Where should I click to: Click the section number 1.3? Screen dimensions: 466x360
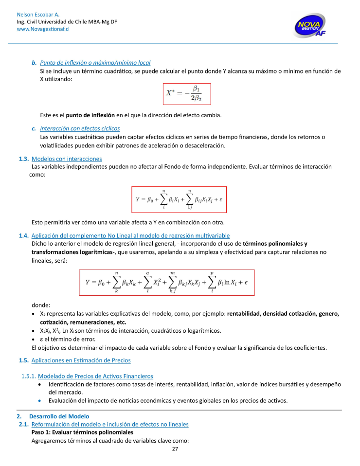coord(23,159)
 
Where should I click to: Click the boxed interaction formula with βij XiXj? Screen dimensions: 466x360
coord(179,199)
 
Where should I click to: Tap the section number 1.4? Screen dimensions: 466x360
coord(24,236)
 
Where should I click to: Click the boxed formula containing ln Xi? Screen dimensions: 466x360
coord(167,283)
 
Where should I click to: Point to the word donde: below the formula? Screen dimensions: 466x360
coord(41,305)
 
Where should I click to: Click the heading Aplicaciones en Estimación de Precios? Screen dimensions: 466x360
coord(81,360)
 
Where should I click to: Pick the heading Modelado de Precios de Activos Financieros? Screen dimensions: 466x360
coord(95,376)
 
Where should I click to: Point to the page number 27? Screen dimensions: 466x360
coord(175,449)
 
